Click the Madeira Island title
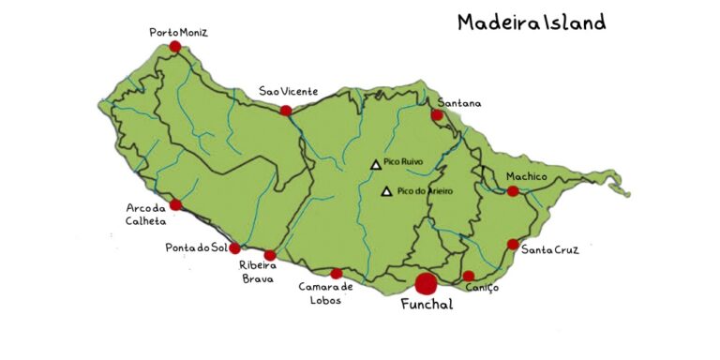click(x=531, y=22)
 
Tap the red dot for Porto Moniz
click(x=174, y=46)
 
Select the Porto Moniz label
click(x=178, y=33)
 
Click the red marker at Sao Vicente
click(x=286, y=111)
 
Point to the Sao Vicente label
click(x=289, y=92)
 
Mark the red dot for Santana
click(x=437, y=115)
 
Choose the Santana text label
click(x=458, y=101)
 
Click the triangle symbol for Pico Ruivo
click(x=376, y=164)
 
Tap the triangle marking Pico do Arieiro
click(x=386, y=191)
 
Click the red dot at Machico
click(x=513, y=191)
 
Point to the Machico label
click(x=526, y=176)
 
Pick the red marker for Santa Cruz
click(x=513, y=244)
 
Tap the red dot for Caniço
click(x=469, y=276)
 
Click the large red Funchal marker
click(x=427, y=281)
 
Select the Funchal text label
click(x=427, y=305)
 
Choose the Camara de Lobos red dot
click(x=337, y=274)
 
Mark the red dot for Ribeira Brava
click(x=270, y=255)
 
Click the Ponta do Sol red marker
click(x=235, y=248)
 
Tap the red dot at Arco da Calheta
click(x=175, y=204)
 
